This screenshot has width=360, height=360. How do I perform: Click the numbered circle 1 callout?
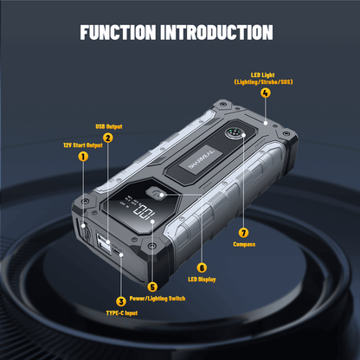coord(83,157)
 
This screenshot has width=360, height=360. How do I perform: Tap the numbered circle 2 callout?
coord(107,138)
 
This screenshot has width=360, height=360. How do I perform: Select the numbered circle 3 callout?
coord(120,300)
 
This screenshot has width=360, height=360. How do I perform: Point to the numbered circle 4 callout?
coord(265,93)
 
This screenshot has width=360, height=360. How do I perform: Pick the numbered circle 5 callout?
coord(152,286)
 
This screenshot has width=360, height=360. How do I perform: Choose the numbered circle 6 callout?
coord(202,267)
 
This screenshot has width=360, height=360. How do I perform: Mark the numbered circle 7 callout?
coord(242,232)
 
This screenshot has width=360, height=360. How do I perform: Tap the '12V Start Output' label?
coord(82,145)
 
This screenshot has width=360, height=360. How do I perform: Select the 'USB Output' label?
coord(107,126)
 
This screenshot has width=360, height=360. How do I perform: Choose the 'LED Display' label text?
coord(202,279)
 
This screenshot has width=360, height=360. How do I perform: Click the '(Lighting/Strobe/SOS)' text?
coord(265,81)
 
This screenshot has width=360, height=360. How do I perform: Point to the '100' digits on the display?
coord(144,213)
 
